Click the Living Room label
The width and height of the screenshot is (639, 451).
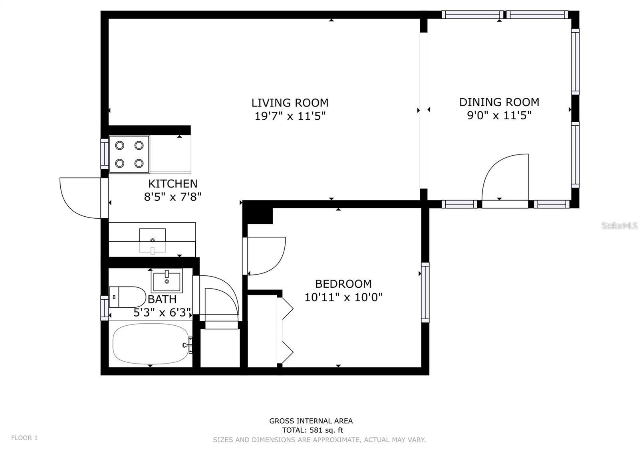[290, 103]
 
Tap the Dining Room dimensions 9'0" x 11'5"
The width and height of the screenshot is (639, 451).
[499, 115]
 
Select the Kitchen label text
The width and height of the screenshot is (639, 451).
[173, 184]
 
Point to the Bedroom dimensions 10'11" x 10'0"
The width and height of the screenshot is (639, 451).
[343, 297]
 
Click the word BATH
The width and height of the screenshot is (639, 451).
[162, 299]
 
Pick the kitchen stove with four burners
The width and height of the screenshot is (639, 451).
[129, 154]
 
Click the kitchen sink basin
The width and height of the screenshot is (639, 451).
[152, 240]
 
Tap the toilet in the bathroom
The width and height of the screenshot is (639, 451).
[127, 297]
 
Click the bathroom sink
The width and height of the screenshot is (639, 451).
[167, 281]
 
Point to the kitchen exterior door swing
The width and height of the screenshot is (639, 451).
[80, 198]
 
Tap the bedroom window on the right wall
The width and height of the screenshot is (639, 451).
[425, 293]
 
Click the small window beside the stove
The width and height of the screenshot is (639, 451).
[105, 154]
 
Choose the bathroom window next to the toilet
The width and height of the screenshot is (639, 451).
[105, 308]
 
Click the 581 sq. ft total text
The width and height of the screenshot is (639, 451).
[313, 430]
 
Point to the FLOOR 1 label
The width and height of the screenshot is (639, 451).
[24, 438]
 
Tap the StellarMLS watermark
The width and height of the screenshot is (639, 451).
[619, 226]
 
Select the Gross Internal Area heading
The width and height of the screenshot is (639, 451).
[311, 421]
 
